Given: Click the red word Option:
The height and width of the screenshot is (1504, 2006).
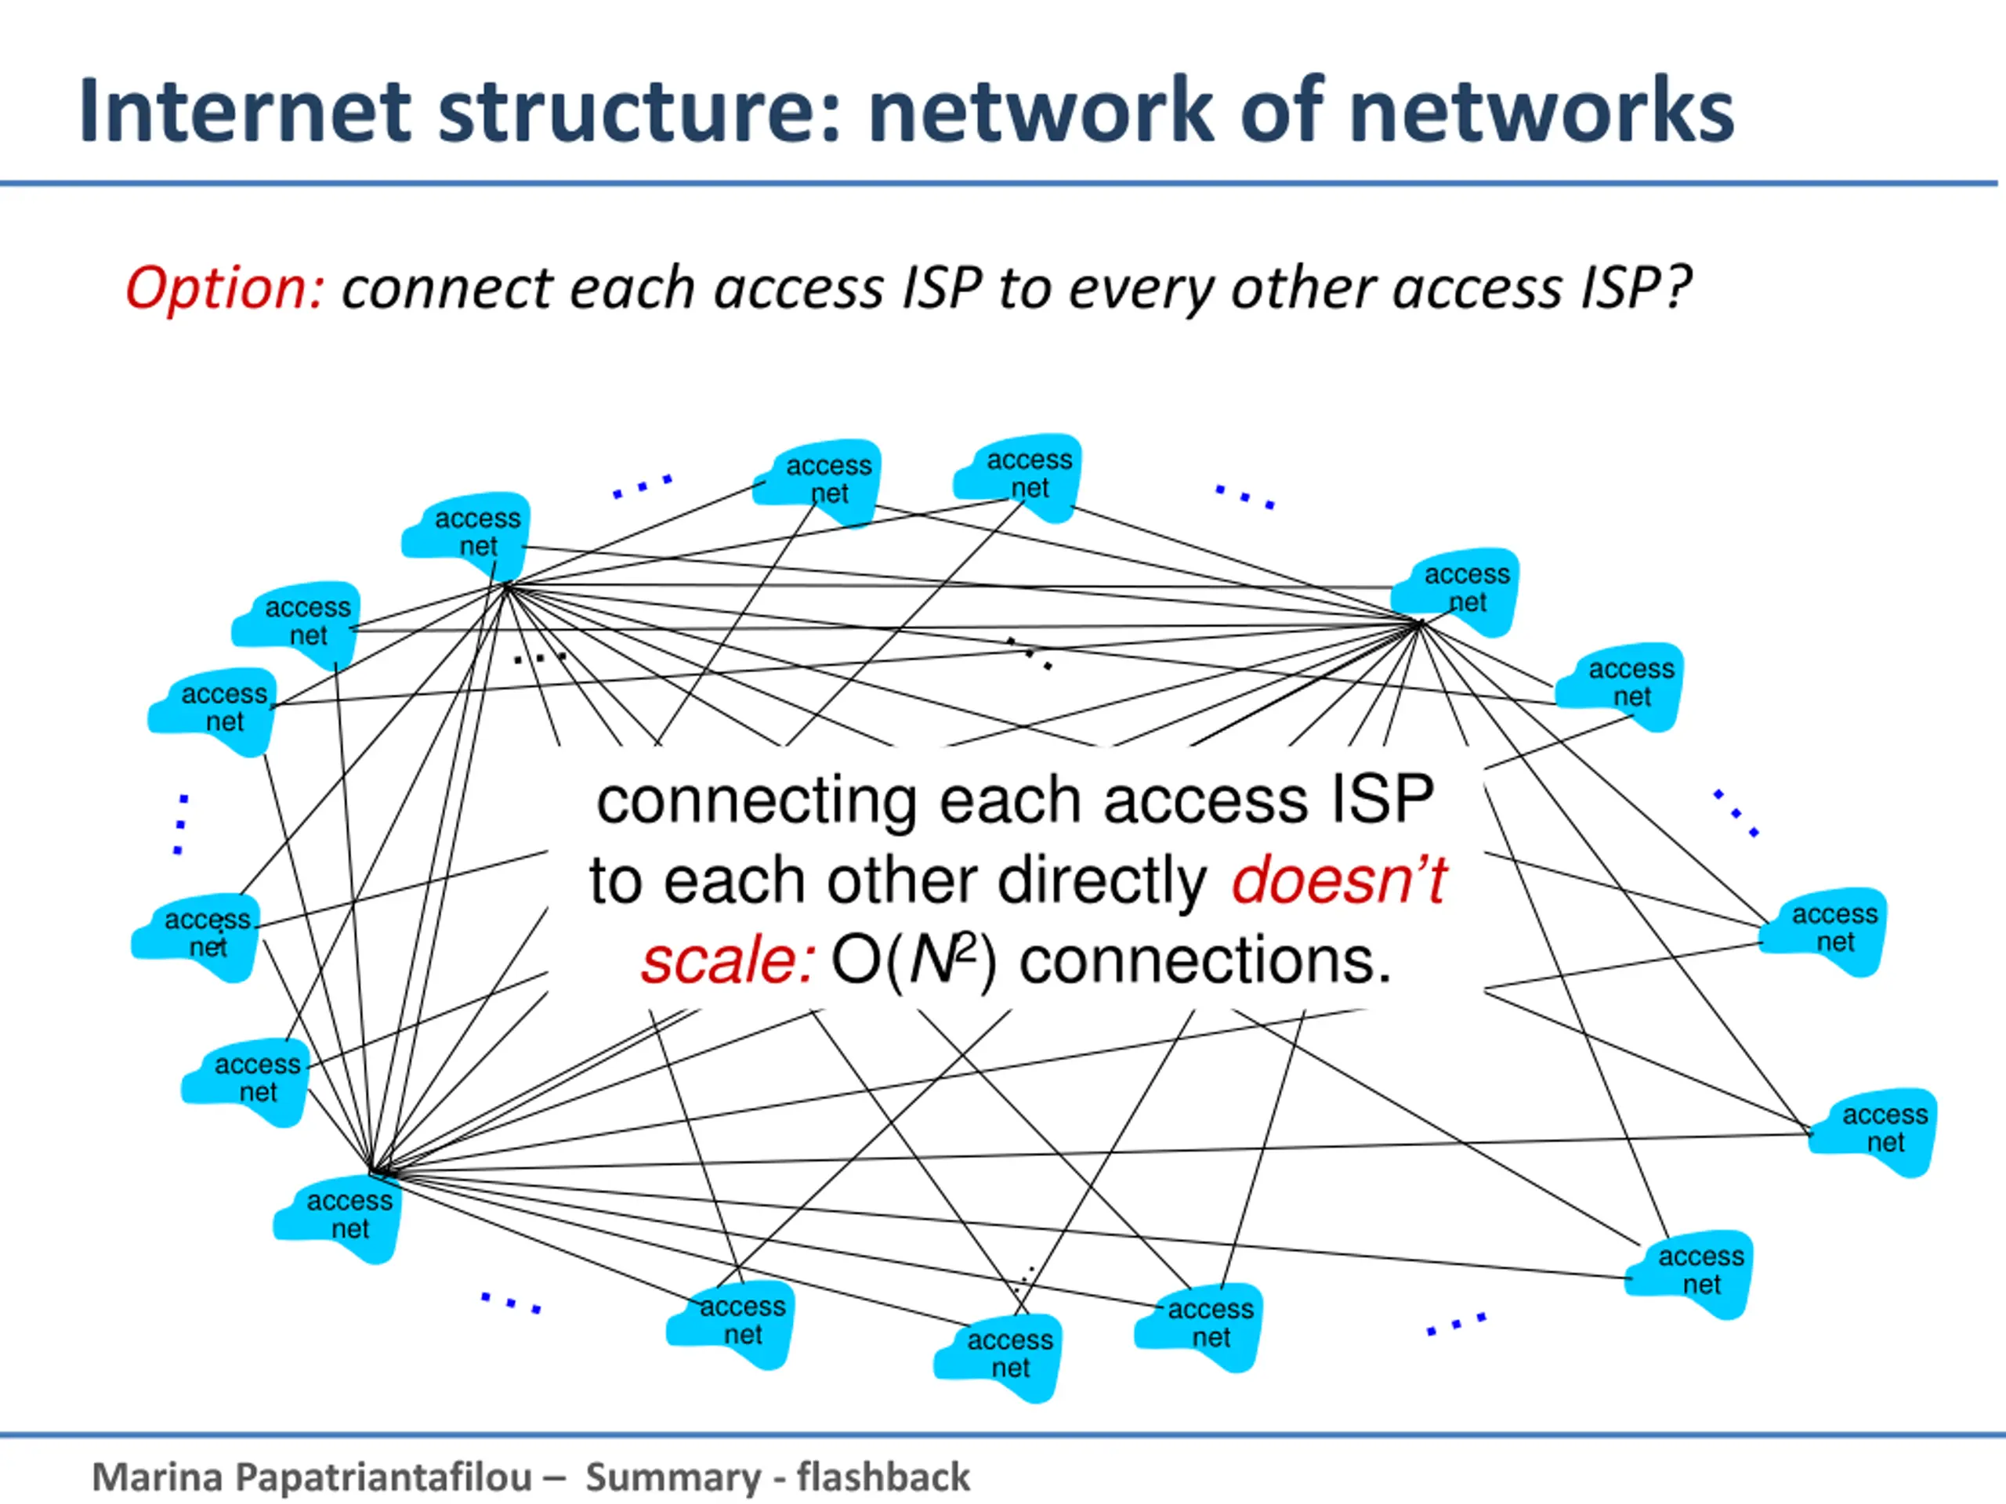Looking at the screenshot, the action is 225,288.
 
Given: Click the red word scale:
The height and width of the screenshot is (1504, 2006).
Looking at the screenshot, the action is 729,961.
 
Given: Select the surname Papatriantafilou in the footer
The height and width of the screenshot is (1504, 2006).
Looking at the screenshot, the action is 384,1477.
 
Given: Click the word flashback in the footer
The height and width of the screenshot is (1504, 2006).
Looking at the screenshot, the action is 883,1477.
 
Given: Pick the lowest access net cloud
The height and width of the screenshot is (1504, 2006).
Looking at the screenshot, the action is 998,1358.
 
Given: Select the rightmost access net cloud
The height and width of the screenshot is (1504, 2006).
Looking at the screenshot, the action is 1874,1131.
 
